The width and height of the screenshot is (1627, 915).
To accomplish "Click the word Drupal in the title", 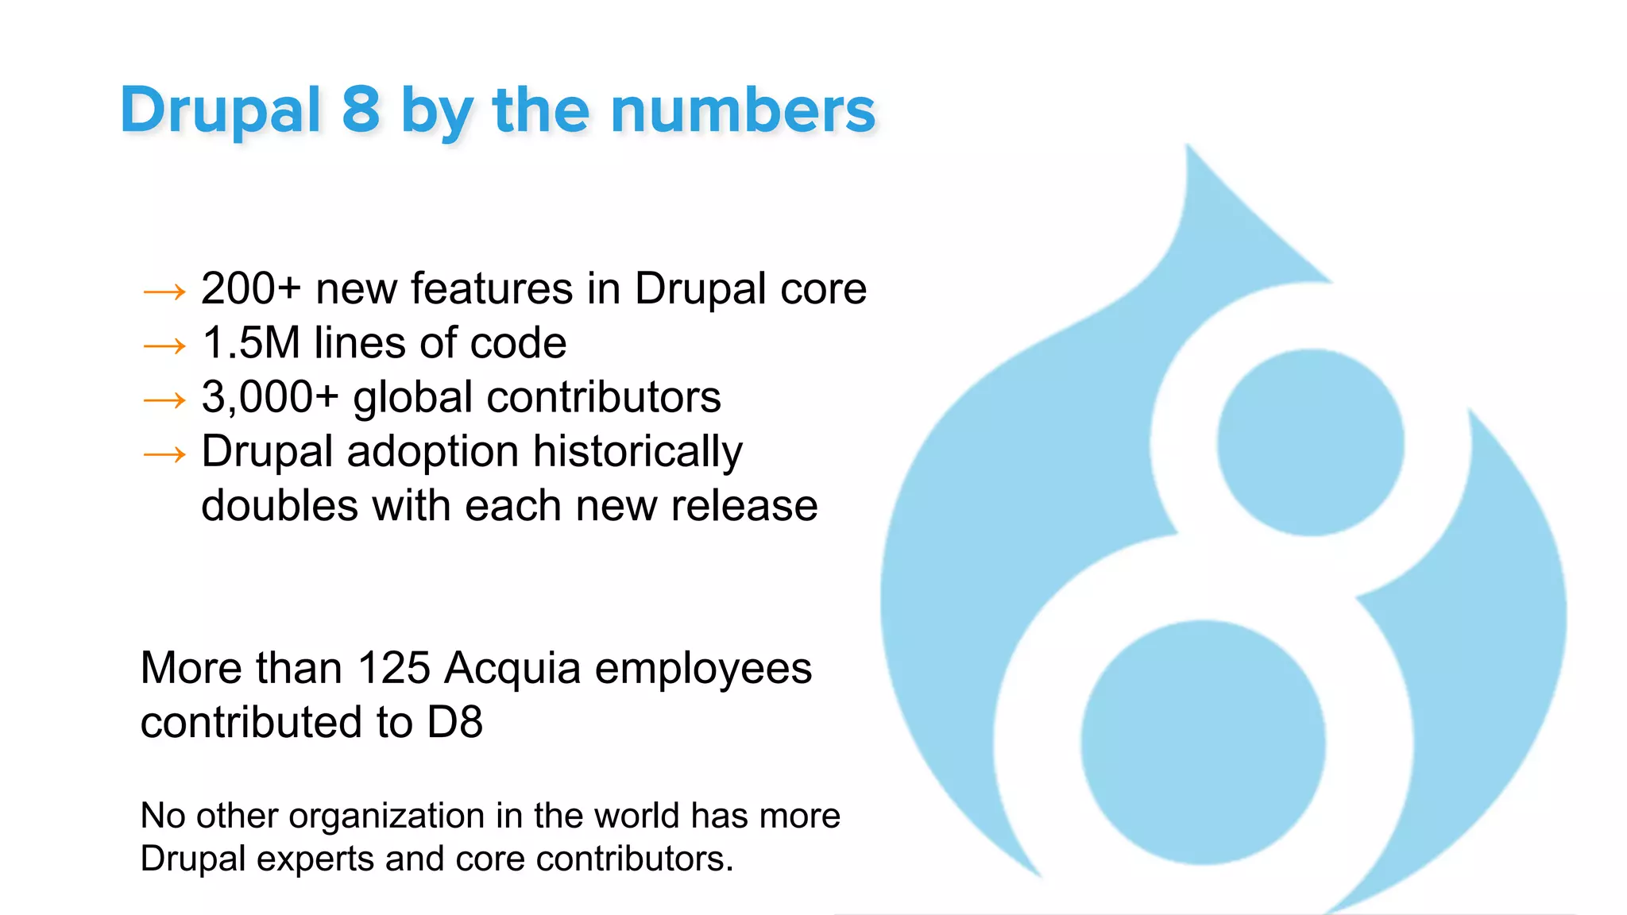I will (x=220, y=110).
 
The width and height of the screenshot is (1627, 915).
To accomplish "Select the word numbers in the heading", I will (x=743, y=110).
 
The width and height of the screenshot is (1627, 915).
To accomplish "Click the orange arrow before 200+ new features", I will (x=164, y=292).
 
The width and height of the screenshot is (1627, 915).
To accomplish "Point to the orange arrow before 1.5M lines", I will (x=164, y=346).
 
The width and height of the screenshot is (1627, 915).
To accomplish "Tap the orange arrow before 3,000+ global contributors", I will (x=164, y=400).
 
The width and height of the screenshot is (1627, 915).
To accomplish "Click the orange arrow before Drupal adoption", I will (x=164, y=454).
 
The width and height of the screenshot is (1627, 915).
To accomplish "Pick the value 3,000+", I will (x=270, y=397).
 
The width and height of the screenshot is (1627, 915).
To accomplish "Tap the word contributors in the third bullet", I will (x=604, y=397).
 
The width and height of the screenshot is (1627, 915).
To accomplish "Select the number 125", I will (x=393, y=668).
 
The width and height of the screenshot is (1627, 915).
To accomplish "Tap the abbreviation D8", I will (x=454, y=723).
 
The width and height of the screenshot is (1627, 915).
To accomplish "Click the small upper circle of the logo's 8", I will (x=1310, y=442).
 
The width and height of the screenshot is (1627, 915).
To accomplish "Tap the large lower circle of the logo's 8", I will (x=1203, y=743).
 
